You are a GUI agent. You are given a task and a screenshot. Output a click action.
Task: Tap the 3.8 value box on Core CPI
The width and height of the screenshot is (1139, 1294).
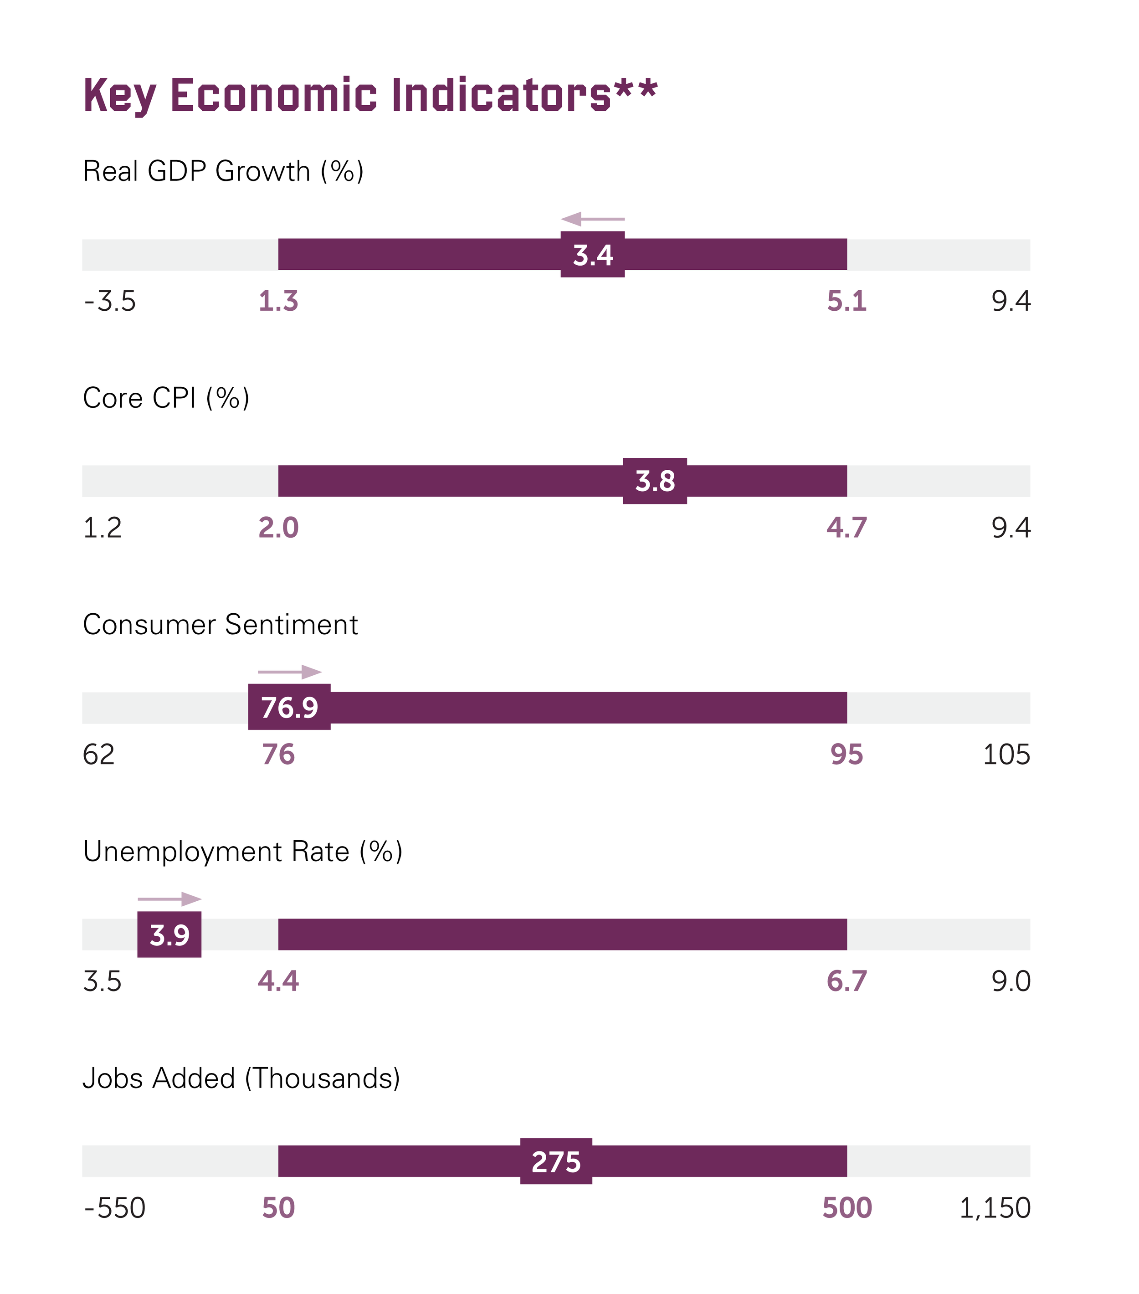655,481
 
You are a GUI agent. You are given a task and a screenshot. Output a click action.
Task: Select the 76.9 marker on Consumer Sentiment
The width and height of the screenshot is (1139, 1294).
289,707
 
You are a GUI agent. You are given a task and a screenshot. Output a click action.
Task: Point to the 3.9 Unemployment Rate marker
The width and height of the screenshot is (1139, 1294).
169,935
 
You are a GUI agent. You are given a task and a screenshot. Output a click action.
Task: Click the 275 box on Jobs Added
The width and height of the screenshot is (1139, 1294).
556,1161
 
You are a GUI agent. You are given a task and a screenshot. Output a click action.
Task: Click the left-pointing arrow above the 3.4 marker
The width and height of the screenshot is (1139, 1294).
592,219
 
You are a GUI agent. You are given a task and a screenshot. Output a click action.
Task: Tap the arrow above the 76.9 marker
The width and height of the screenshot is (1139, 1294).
289,672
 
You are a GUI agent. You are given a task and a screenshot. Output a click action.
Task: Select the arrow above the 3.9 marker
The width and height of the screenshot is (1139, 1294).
169,899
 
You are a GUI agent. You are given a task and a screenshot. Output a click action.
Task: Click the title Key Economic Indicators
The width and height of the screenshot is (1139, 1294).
370,95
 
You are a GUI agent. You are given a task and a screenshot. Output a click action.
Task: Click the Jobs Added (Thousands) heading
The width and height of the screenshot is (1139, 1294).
241,1078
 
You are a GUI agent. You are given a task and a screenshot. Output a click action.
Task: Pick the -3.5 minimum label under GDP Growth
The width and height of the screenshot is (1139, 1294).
109,301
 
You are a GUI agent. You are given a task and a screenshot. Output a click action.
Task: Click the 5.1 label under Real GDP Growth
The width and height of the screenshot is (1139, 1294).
847,301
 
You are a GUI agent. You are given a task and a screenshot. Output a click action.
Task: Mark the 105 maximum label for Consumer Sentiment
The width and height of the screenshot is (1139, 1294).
1006,755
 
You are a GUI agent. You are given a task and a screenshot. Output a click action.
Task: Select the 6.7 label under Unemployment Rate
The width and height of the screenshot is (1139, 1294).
847,981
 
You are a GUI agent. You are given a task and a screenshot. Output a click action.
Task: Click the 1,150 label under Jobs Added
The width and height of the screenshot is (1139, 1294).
995,1208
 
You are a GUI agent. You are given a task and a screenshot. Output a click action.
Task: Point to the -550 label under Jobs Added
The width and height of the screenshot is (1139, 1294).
115,1208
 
